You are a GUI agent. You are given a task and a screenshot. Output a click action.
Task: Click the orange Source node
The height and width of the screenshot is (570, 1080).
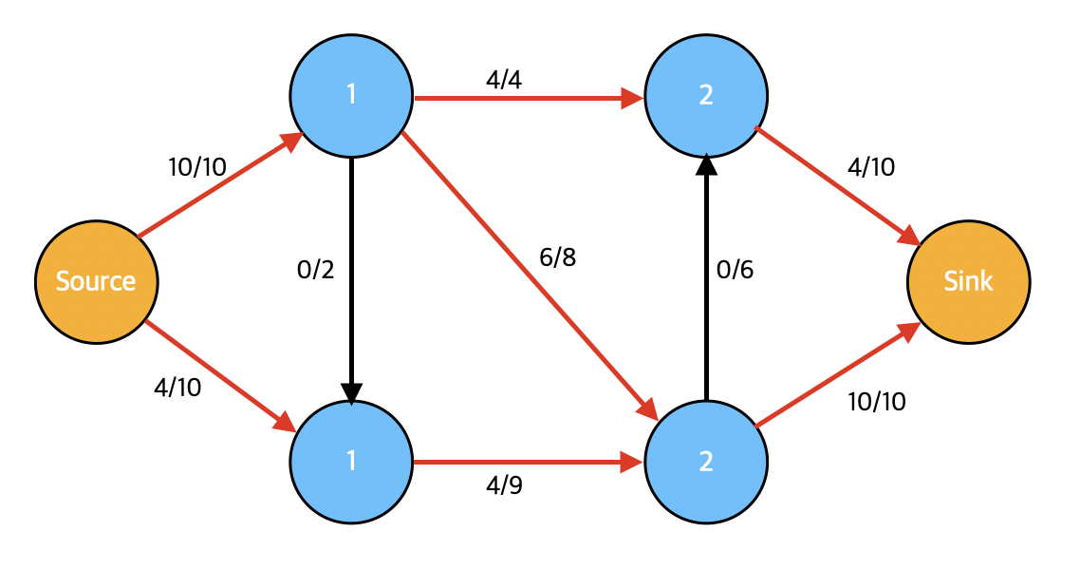97,282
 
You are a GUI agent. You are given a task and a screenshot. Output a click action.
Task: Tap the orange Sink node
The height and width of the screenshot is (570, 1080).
968,282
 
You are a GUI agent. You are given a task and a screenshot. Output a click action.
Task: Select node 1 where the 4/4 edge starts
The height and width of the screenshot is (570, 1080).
351,96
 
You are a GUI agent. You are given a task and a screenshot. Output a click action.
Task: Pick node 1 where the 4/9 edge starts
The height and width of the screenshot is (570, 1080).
351,462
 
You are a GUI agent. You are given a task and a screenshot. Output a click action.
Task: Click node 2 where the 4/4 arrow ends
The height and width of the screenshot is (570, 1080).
706,96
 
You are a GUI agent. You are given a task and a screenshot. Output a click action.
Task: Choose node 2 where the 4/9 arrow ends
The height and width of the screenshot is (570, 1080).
706,462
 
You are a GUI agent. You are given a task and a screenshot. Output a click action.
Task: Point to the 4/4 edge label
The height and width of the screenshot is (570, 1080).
504,80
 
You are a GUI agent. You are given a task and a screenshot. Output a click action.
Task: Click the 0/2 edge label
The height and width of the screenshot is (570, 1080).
315,270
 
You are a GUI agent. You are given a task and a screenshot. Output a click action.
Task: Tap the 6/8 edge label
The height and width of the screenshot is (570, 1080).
557,257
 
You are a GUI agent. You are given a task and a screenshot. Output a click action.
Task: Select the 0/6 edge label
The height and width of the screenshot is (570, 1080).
735,270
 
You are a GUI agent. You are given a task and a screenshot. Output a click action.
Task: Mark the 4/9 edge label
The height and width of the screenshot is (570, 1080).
504,485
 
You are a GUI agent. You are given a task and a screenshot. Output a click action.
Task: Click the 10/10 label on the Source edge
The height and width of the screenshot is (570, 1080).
197,167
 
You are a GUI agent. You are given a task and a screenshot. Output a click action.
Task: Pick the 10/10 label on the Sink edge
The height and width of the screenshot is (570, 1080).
877,402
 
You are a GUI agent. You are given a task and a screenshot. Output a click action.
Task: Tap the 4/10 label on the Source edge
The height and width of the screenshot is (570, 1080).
177,388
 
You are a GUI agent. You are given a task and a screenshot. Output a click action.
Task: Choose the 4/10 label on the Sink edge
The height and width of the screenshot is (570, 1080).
871,167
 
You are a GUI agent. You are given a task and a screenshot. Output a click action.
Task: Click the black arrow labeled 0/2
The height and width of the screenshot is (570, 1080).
351,280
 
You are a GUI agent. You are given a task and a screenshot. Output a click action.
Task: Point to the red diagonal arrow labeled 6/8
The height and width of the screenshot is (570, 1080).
530,275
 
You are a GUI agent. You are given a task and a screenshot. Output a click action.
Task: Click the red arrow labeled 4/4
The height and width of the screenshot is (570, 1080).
529,98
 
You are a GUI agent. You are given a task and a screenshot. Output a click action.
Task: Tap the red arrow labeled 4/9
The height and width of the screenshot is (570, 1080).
529,462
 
